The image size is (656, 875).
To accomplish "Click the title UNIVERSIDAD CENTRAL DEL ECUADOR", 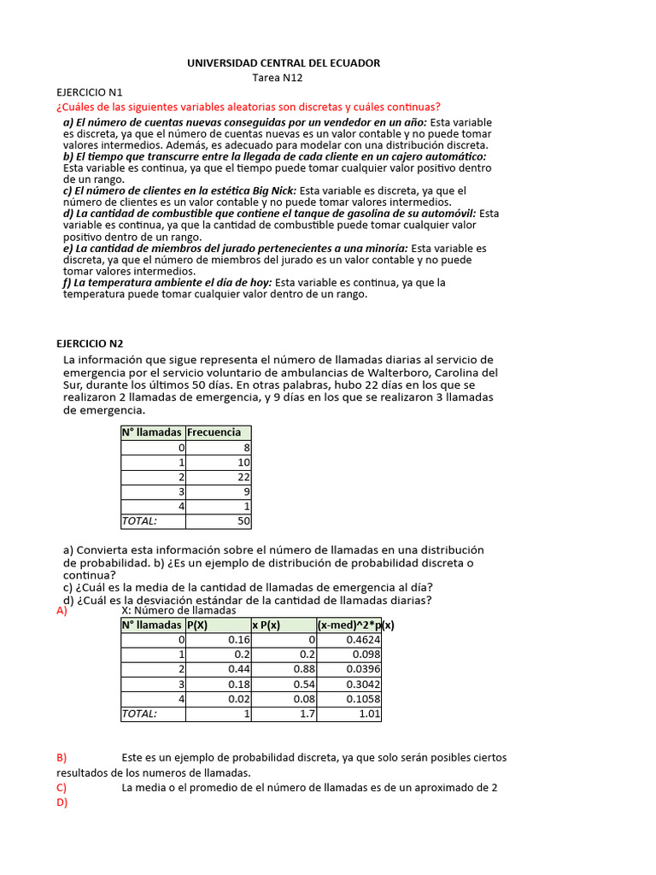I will [284, 63].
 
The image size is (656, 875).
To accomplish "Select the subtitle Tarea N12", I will [278, 78].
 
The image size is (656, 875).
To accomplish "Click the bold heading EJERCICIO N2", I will [91, 343].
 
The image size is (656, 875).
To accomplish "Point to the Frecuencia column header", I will [214, 432].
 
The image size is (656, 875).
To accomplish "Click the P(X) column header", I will [197, 625].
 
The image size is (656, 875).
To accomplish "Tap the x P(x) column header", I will [266, 625].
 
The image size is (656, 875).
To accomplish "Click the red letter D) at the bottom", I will [61, 802].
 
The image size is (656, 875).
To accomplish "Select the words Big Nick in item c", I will [272, 191].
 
